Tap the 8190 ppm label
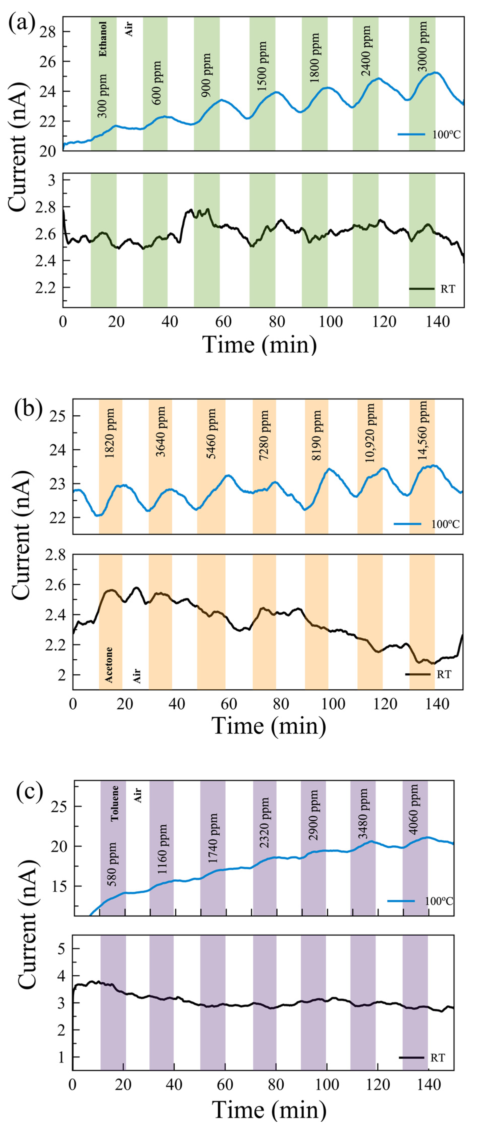[317, 436]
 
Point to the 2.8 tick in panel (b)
[56, 555]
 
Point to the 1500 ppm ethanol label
[262, 67]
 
